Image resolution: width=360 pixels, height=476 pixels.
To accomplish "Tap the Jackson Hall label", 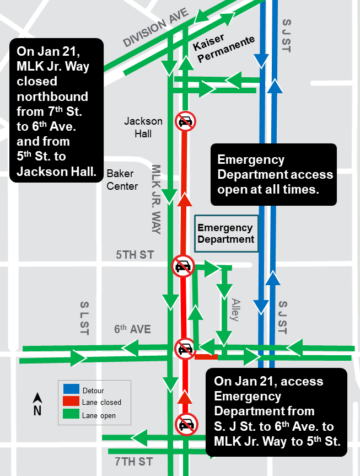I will tap(143, 127).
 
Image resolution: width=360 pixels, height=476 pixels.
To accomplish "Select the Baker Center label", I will tap(122, 180).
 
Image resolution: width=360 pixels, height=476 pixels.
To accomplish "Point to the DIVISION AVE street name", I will tap(156, 27).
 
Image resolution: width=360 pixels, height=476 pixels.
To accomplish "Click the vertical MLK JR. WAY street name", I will tap(156, 199).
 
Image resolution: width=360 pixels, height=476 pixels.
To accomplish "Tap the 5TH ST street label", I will tap(135, 255).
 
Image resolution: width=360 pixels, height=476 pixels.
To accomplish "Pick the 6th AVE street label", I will tap(132, 329).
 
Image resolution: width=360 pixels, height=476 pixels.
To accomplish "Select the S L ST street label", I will tap(84, 318).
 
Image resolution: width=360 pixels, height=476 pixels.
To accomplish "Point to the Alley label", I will tap(235, 310).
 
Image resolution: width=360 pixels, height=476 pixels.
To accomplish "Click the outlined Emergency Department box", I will tap(225, 233).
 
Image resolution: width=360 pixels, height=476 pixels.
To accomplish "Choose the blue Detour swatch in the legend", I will tap(71, 391).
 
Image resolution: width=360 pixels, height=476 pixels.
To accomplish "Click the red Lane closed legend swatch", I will tap(71, 403).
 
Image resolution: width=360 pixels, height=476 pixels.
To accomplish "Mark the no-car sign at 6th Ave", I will tap(185, 349).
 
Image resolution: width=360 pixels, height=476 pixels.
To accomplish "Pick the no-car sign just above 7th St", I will tap(185, 424).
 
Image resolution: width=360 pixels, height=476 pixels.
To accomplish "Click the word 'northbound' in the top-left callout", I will tap(53, 97).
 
